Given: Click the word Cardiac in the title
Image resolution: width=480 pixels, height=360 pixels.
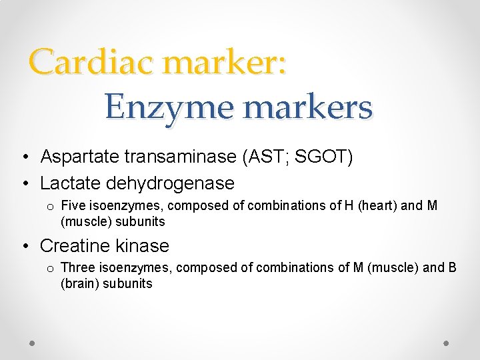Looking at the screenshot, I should pos(90,63).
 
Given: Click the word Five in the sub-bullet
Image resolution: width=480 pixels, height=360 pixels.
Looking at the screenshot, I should pos(73,206).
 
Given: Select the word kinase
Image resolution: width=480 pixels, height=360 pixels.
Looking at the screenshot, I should pos(143,245).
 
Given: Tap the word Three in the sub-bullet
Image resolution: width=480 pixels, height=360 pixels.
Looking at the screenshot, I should pos(77,268).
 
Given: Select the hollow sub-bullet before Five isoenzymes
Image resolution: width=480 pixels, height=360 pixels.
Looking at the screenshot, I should pos(50,207).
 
